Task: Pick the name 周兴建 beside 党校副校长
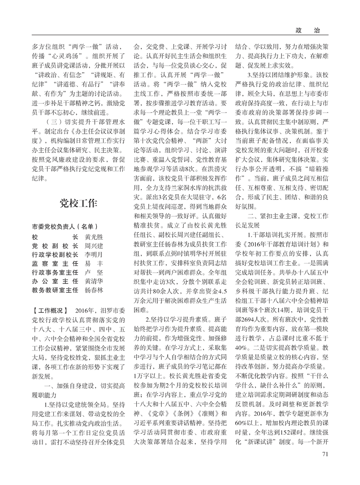pos(94,245)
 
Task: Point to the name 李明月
pos(94,255)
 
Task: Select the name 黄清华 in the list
pos(94,282)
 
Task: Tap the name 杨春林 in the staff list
pos(94,291)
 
